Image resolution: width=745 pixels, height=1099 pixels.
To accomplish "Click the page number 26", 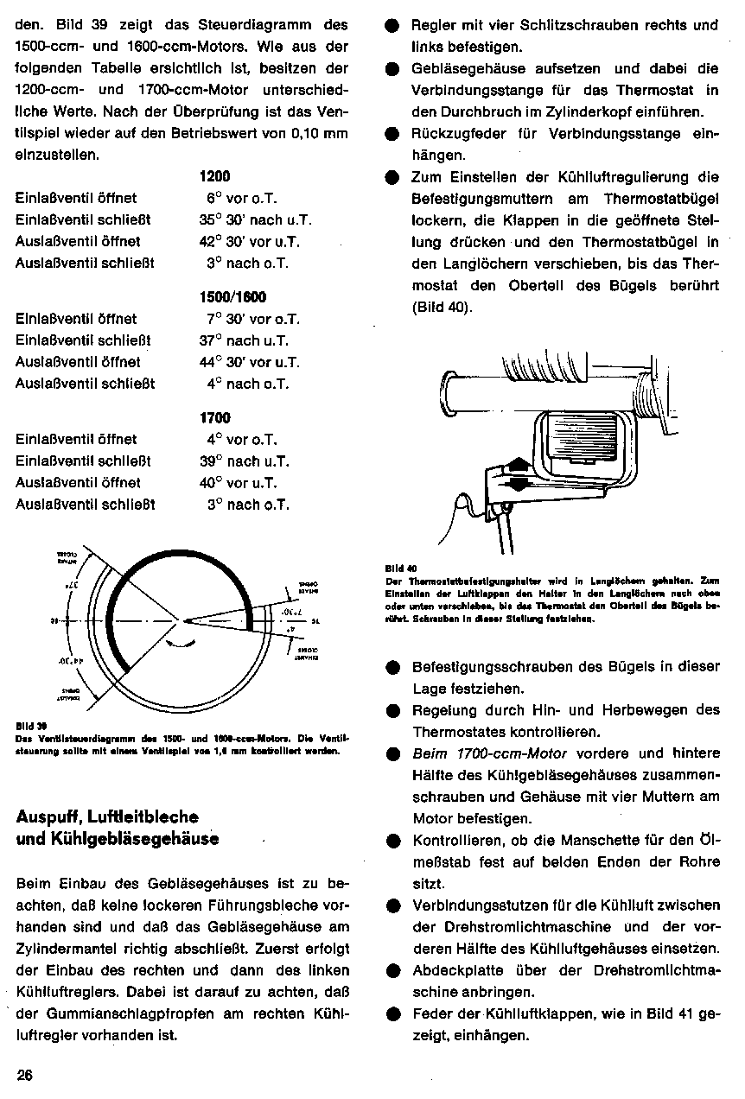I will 24,1076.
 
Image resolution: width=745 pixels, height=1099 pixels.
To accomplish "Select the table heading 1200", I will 214,176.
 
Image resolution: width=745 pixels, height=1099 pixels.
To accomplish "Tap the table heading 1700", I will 214,417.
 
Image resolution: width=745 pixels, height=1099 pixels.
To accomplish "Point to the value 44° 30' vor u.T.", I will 250,362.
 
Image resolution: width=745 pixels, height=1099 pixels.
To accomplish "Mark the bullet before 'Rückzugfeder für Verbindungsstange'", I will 392,135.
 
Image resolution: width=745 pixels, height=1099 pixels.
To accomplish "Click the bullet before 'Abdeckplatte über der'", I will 392,970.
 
